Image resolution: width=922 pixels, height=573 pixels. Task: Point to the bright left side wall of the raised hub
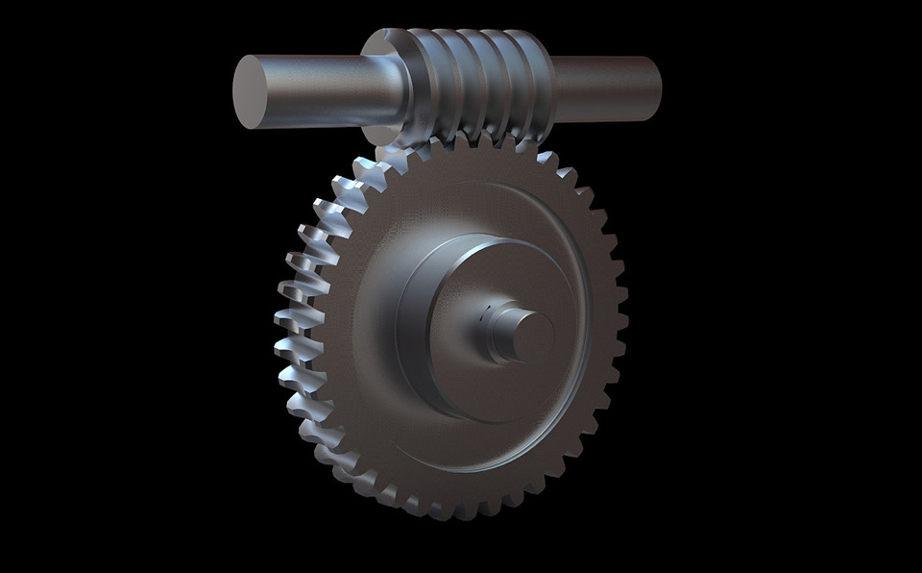point(409,327)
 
